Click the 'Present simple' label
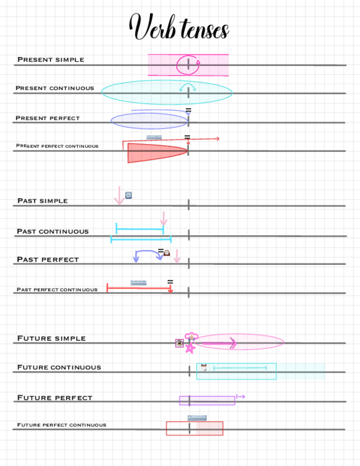coord(51,59)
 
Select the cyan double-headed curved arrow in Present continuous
coord(188,86)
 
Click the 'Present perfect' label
coord(47,118)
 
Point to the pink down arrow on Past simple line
coord(119,196)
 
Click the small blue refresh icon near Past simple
coord(129,195)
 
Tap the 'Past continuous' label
coord(52,231)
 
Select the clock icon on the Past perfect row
coord(167,253)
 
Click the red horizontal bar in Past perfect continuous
coord(139,288)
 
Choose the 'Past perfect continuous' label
coord(57,290)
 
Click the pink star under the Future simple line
coord(190,348)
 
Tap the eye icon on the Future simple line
coord(179,343)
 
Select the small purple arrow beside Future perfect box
coord(240,396)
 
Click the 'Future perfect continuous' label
coord(62,425)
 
